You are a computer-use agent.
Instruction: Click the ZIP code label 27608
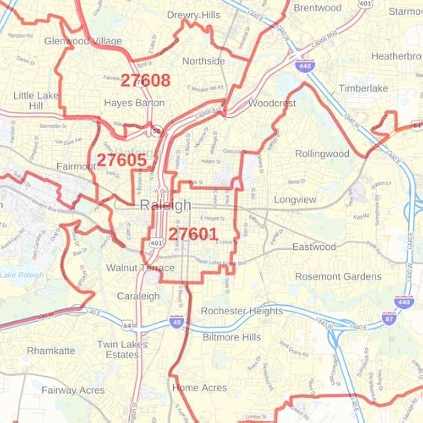tap(145, 80)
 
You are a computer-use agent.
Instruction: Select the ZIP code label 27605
tap(122, 160)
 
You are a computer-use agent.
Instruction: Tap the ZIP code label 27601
tap(193, 234)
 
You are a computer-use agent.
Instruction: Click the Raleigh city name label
tap(166, 205)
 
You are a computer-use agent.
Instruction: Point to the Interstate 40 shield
tap(176, 323)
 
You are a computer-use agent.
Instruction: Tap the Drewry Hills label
tap(194, 15)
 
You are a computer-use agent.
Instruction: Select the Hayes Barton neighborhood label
tap(134, 103)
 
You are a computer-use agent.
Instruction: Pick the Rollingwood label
tap(322, 154)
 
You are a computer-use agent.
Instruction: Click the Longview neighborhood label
tap(295, 200)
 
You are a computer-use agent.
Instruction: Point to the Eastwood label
tap(314, 247)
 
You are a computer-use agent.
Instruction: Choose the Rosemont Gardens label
tap(338, 276)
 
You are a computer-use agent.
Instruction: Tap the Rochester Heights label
tap(242, 311)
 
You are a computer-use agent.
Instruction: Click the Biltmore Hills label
tap(232, 337)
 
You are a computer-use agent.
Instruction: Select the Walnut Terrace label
tap(140, 268)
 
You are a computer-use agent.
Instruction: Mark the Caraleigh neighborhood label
tap(138, 296)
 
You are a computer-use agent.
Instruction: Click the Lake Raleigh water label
tap(22, 275)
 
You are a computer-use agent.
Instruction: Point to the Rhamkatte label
tap(51, 351)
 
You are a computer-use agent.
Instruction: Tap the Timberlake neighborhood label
tap(363, 88)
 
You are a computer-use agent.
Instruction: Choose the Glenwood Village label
tap(83, 41)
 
